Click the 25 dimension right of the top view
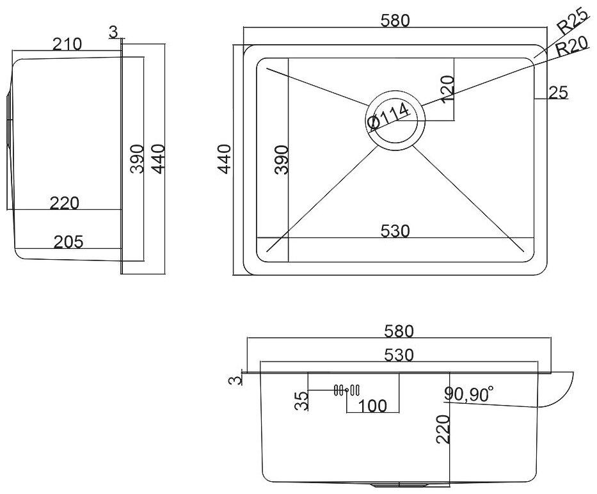[x=558, y=93]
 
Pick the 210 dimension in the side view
[x=67, y=44]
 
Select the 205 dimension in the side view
[x=68, y=241]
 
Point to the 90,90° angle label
[x=468, y=395]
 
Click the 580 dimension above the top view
[x=394, y=20]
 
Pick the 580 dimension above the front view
[x=400, y=331]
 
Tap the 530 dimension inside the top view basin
[x=394, y=230]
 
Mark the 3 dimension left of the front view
[x=236, y=381]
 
